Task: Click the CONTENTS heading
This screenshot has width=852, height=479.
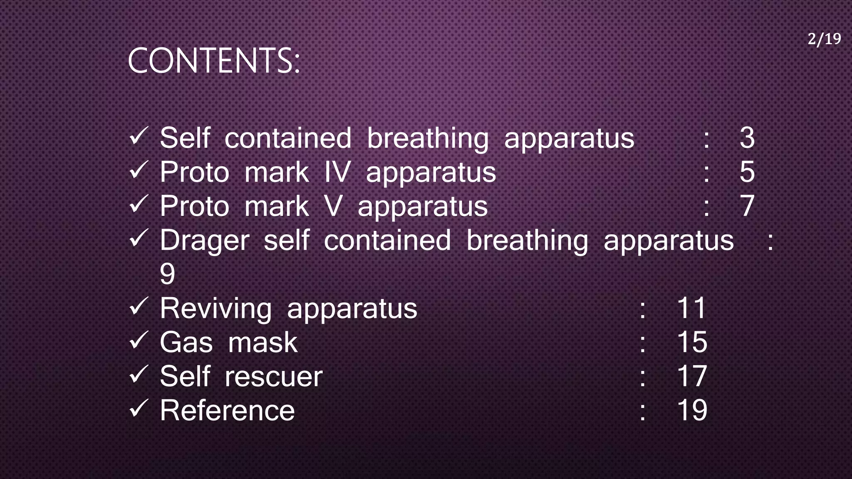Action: coord(213,61)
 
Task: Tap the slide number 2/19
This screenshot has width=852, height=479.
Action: coord(824,39)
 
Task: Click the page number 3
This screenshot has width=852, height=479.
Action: coord(747,138)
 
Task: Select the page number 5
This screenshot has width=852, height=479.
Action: coord(747,172)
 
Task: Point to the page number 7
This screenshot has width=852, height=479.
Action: coord(747,206)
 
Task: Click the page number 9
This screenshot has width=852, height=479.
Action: coord(167,274)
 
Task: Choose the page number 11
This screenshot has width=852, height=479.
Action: coord(691,309)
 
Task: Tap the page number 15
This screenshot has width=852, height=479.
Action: coord(692,343)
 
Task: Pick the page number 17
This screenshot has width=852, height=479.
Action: coord(692,377)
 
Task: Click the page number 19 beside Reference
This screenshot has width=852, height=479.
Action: coord(692,411)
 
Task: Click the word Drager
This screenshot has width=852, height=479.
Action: coord(205,241)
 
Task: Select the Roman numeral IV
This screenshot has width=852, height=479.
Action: coord(337,172)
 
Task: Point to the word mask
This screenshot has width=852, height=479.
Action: coord(263,343)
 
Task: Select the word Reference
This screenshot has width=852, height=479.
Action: coord(227,411)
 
